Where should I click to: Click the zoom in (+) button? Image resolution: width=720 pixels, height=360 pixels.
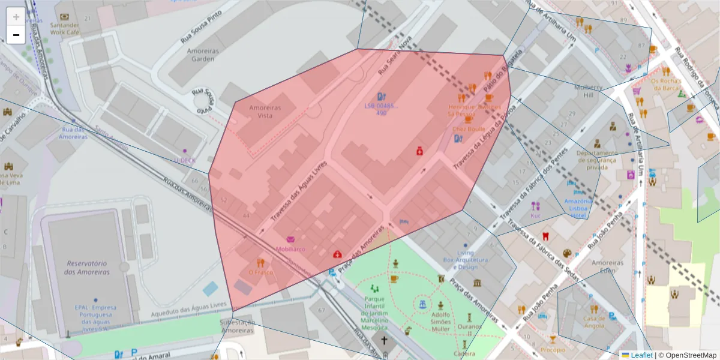(x=16, y=17)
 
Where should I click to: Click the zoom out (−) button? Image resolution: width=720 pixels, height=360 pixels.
(x=16, y=35)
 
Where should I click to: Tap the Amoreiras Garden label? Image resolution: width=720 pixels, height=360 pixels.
(x=203, y=55)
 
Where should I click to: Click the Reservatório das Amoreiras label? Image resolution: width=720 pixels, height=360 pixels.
(x=88, y=268)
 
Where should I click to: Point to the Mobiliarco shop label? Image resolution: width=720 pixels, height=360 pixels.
(x=291, y=248)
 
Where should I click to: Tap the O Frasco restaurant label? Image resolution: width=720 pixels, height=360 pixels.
(x=260, y=272)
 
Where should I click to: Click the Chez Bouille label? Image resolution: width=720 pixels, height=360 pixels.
(x=469, y=129)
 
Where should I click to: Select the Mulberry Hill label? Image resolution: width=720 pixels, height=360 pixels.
(x=587, y=91)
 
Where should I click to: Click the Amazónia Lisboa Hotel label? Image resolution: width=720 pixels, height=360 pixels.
(x=578, y=208)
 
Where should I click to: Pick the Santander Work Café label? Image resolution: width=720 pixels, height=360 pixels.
(x=65, y=29)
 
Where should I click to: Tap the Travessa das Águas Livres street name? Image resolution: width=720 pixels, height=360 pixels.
(x=298, y=190)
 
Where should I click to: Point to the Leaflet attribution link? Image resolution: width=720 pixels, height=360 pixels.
(x=642, y=355)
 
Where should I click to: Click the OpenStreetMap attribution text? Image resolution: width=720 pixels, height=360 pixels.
(x=687, y=355)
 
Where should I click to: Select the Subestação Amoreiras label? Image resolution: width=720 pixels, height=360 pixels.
(x=238, y=326)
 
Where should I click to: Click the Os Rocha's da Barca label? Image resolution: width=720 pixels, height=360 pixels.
(x=665, y=85)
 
